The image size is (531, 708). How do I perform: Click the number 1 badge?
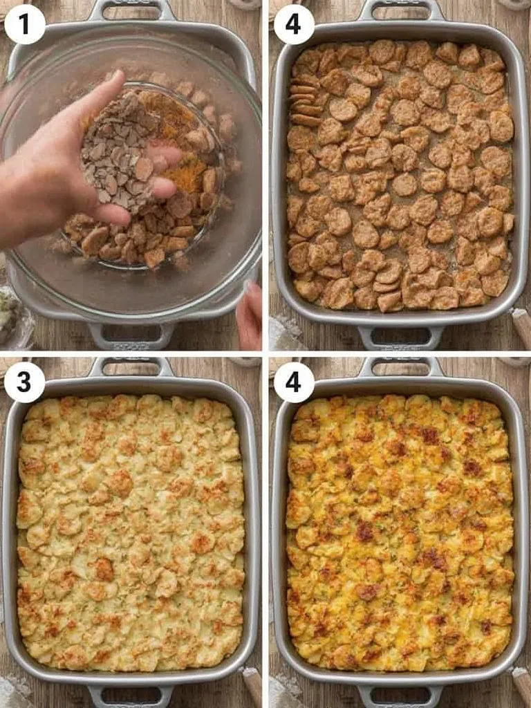pos(25,24)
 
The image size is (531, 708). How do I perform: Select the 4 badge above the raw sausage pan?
pos(294,24)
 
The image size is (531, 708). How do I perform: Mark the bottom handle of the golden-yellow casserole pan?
pos(400,695)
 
